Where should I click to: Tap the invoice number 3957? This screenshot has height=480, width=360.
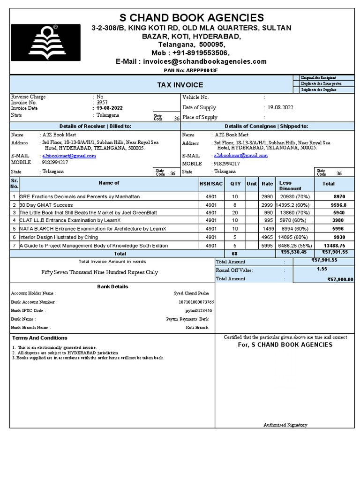(x=102, y=102)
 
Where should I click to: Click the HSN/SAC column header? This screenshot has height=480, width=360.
(x=211, y=184)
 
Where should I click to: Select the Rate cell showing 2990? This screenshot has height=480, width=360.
(x=267, y=197)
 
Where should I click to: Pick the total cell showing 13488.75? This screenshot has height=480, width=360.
(x=335, y=246)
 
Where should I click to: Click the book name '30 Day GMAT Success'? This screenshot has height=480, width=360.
(x=46, y=205)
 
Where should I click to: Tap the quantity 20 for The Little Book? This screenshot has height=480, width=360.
(x=235, y=213)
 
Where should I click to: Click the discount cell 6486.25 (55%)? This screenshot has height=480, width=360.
(x=294, y=246)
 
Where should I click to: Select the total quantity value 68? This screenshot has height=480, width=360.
(x=235, y=254)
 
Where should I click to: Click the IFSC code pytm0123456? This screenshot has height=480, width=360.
(x=199, y=310)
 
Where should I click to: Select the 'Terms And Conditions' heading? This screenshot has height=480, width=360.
(x=40, y=338)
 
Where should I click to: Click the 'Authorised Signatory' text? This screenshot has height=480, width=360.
(x=285, y=425)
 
